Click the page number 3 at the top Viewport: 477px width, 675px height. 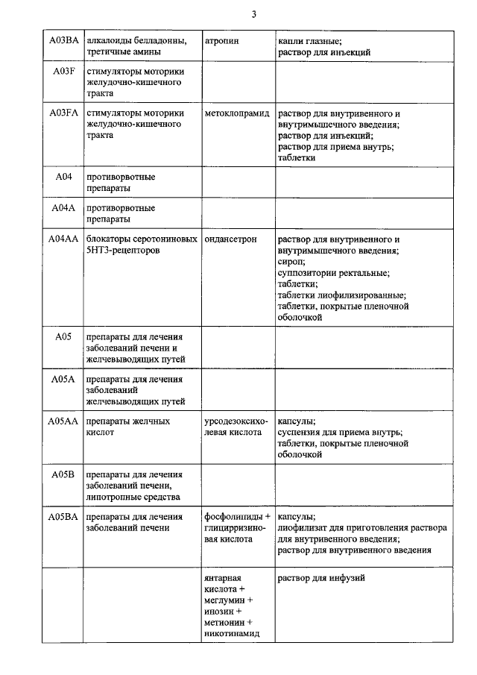tap(254, 14)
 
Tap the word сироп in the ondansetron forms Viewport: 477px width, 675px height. tap(291, 262)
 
